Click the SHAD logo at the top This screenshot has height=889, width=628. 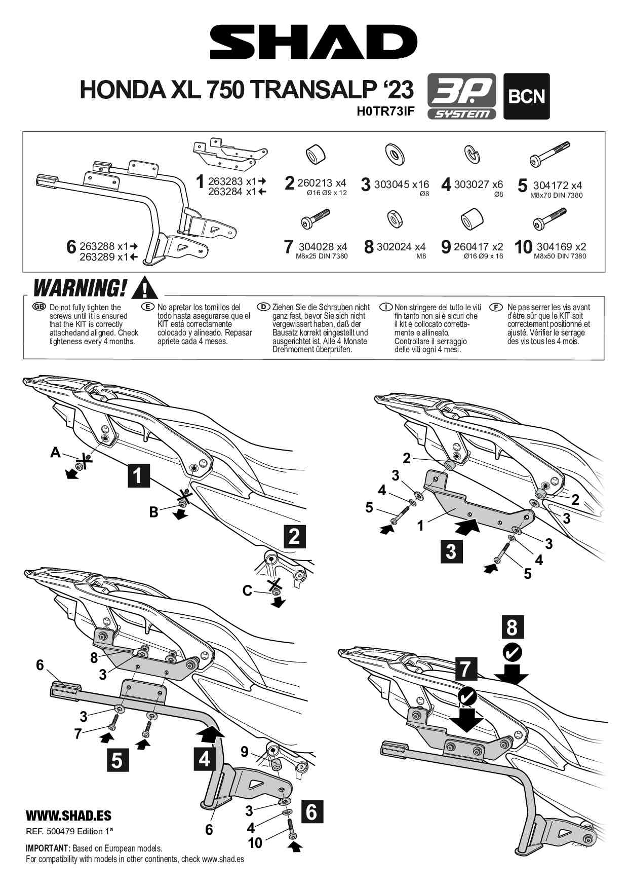coord(313,43)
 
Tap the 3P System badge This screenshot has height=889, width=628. coord(462,96)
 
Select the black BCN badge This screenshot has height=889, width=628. coord(526,96)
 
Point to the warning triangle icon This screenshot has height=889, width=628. coord(145,288)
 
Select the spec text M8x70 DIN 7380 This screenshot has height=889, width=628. coord(556,195)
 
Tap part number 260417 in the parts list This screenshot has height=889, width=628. coord(471,247)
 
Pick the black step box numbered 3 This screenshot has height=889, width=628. coord(451,551)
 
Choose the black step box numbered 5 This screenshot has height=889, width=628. coord(117,760)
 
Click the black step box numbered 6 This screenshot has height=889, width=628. coord(312,811)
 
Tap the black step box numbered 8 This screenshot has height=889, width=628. coord(512,627)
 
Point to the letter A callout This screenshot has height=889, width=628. coord(55,452)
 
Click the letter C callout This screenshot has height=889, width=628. coord(247,590)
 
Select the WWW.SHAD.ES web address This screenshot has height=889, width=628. coord(68,816)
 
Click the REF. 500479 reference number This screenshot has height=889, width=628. coord(69,831)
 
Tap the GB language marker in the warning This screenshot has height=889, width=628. coord(39,307)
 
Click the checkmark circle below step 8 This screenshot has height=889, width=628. coord(513,652)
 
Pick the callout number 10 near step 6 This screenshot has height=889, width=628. coord(255,842)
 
